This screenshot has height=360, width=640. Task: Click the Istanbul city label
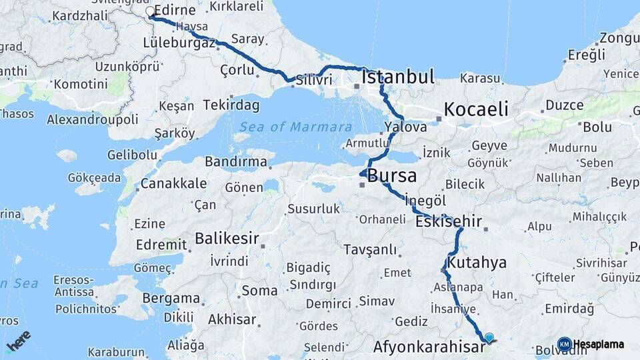click(398, 76)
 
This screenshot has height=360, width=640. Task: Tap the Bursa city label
click(392, 177)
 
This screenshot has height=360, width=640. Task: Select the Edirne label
click(174, 11)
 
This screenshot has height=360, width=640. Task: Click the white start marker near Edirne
click(150, 11)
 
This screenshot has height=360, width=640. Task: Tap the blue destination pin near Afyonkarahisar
click(489, 338)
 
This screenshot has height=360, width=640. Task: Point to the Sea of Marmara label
click(296, 127)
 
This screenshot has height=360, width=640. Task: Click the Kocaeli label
click(476, 109)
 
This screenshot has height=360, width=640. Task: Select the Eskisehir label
click(448, 221)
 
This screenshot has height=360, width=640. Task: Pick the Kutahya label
click(477, 263)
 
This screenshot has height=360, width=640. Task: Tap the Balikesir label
click(227, 238)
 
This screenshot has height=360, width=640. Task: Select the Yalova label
click(405, 127)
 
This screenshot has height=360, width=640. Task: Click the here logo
click(18, 341)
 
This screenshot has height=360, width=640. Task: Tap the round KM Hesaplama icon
click(565, 344)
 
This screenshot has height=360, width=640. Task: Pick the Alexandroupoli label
click(93, 119)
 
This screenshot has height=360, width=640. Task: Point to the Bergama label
click(171, 298)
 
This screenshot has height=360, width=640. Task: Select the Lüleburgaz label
click(179, 43)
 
